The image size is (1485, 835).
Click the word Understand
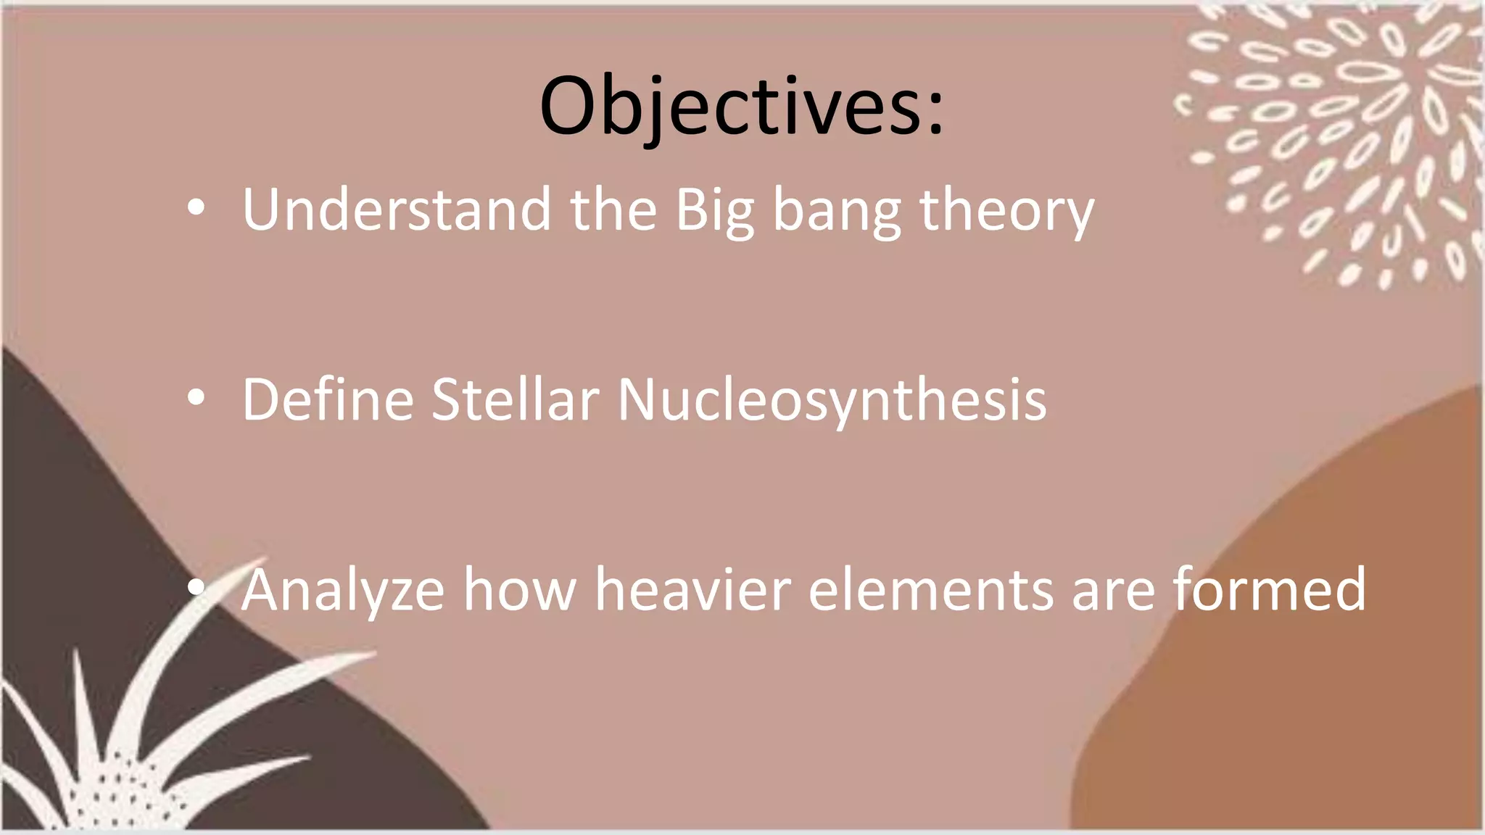point(396,210)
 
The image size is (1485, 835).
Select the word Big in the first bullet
point(715,212)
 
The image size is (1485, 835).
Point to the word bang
point(837,212)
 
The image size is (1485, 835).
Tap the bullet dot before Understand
point(196,209)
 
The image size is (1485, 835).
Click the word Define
point(327,399)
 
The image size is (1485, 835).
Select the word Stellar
point(515,399)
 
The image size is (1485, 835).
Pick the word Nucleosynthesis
point(832,401)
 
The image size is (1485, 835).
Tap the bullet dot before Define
point(196,398)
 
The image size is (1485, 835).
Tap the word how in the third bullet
point(519,589)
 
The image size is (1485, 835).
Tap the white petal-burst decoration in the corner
point(1341,130)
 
